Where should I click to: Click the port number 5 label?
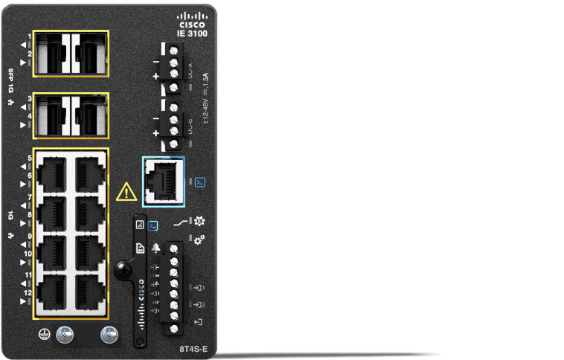coord(29,158)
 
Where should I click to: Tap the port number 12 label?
coord(28,294)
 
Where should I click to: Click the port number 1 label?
coord(29,36)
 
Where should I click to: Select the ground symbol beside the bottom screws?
coord(43,335)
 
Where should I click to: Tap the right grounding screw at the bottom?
coord(109,335)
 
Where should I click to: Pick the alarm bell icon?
coord(156,247)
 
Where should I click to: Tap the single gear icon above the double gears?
coord(199,221)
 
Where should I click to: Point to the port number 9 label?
coord(29,237)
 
